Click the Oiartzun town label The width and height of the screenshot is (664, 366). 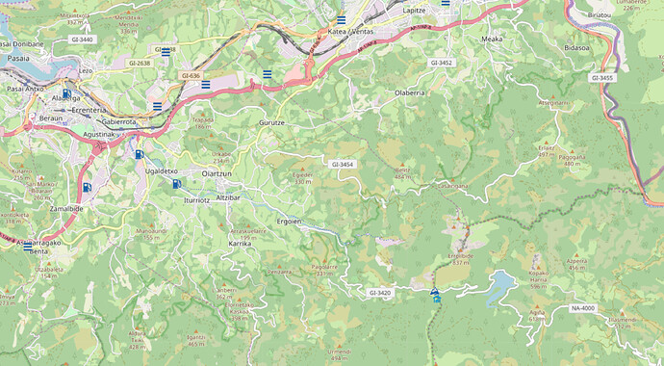217,172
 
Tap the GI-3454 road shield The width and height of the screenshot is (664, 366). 343,165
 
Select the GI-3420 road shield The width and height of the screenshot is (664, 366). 379,292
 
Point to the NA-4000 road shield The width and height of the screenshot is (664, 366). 582,308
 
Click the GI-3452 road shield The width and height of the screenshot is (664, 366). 442,62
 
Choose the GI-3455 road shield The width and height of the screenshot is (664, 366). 601,78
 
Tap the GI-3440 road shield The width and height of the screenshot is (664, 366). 82,39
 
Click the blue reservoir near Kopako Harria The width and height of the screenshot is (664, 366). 499,285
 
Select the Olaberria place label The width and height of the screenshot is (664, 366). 410,92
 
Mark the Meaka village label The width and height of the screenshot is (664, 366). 492,39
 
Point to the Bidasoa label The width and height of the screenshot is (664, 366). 577,46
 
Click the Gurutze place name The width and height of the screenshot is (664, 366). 271,124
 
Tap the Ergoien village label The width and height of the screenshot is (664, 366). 290,221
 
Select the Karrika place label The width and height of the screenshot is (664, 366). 240,244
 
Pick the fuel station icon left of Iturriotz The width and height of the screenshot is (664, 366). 177,183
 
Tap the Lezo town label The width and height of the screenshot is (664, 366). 86,71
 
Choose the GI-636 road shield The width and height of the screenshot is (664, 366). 191,75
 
